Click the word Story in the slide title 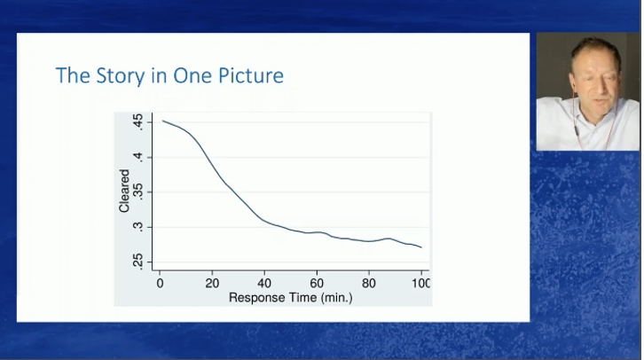[121, 76]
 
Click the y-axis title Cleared [124, 191]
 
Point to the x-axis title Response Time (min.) [290, 297]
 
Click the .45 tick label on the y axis [138, 122]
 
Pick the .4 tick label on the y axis [138, 157]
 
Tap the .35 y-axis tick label [138, 192]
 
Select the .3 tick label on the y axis [138, 227]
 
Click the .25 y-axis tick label [138, 262]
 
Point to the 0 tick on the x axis [160, 283]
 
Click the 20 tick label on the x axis [212, 283]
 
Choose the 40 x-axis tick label [264, 283]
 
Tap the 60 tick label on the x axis [317, 283]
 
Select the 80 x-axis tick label [369, 283]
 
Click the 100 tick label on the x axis [421, 283]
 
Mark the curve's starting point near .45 [162, 121]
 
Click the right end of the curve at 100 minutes [421, 247]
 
